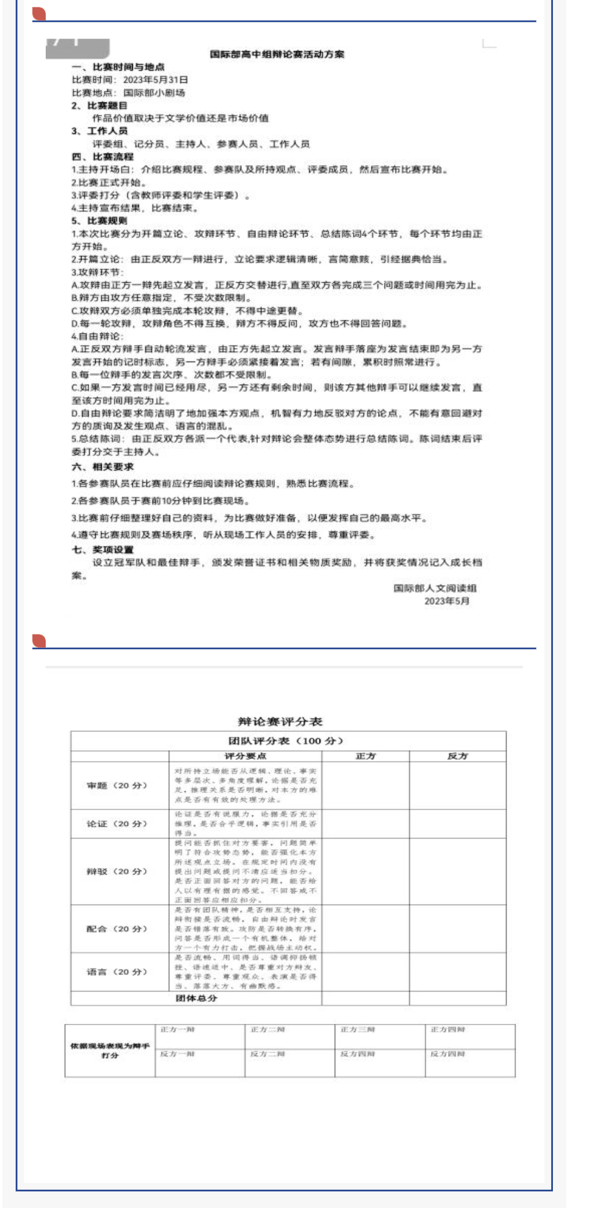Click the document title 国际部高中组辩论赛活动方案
pyautogui.click(x=277, y=54)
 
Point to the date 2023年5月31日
pyautogui.click(x=155, y=80)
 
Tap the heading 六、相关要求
pyautogui.click(x=102, y=467)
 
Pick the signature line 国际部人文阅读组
pyautogui.click(x=435, y=588)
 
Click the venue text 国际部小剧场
pyautogui.click(x=154, y=93)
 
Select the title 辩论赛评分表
pyautogui.click(x=280, y=722)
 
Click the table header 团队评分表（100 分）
pyautogui.click(x=286, y=741)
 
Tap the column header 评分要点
pyautogui.click(x=245, y=756)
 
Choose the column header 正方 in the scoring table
pyautogui.click(x=366, y=756)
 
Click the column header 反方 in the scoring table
pyautogui.click(x=457, y=756)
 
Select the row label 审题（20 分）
pyautogui.click(x=117, y=786)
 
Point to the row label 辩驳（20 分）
pyautogui.click(x=117, y=872)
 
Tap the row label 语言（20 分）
pyautogui.click(x=117, y=972)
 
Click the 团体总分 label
pyautogui.click(x=196, y=998)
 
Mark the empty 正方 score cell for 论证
pyautogui.click(x=366, y=824)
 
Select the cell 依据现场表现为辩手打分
pyautogui.click(x=110, y=1050)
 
